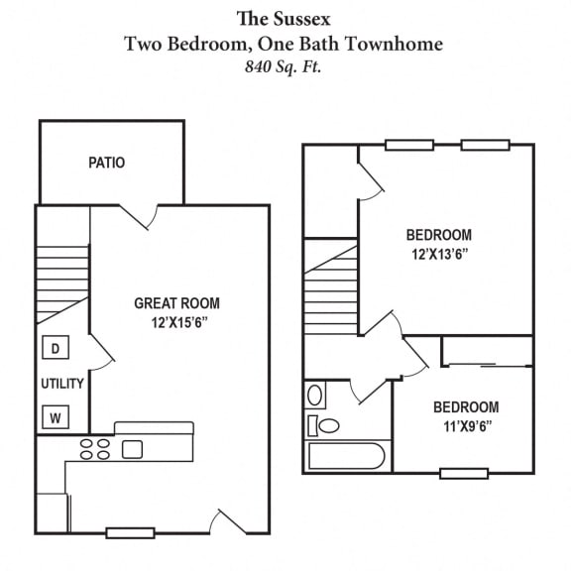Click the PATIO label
(106, 162)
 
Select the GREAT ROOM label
(177, 303)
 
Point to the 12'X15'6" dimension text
(177, 322)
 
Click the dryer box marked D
(56, 349)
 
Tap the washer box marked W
(56, 417)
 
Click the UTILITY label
(61, 384)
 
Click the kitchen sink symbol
(133, 449)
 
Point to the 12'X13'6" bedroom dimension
(438, 254)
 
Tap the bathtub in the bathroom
(345, 456)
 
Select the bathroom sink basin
(315, 396)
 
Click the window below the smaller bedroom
(463, 473)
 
